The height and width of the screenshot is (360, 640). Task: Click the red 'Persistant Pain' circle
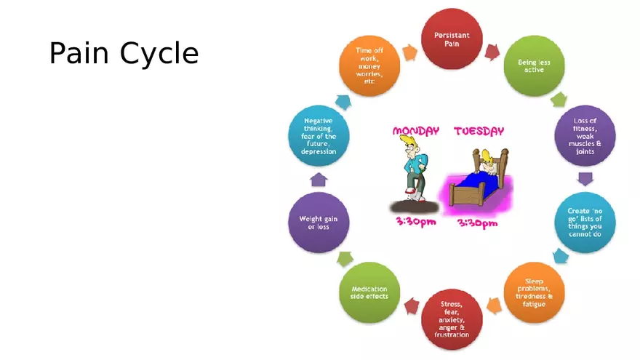452,39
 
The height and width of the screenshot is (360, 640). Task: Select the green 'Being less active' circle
534,66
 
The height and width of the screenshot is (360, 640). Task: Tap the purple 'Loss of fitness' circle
585,136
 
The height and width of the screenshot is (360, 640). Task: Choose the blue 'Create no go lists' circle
585,223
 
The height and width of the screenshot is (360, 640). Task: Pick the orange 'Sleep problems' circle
534,292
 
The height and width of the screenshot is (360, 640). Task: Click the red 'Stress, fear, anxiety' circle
452,319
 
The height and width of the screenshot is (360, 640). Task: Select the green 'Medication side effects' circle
369,292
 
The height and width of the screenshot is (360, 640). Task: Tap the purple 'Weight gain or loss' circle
319,223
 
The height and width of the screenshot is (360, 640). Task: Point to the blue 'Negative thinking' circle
319,136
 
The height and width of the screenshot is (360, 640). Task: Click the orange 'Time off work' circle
369,66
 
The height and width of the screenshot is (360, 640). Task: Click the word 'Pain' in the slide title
79,53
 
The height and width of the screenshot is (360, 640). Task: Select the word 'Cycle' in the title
159,54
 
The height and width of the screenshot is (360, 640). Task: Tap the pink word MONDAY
416,131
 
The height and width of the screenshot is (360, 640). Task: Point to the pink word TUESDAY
479,131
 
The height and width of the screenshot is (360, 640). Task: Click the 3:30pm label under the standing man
416,222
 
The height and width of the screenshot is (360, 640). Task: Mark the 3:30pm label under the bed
477,223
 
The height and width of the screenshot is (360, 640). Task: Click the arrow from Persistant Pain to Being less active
492,52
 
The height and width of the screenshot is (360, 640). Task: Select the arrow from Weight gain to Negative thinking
319,180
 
